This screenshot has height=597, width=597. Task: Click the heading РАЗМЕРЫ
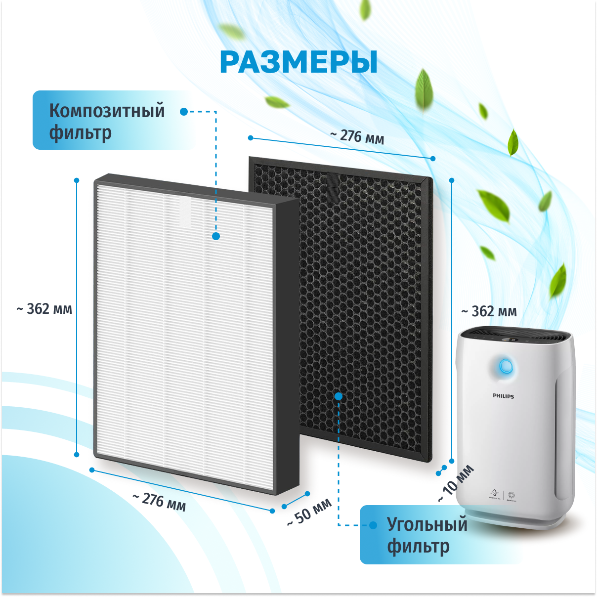pos(298,62)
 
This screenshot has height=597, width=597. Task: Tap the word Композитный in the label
pos(107,111)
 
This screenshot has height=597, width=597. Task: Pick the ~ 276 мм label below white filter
pos(159,502)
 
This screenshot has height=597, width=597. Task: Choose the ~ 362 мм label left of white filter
pos(44,309)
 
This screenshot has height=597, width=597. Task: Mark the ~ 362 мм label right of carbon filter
pos(489,312)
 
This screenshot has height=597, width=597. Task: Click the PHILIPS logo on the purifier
pos(503,396)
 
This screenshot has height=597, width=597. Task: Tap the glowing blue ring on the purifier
pos(506,366)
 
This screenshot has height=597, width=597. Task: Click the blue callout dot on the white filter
pos(216,236)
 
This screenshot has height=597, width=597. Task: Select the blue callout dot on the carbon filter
pos(339,396)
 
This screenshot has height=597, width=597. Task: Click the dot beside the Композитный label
pos(184,112)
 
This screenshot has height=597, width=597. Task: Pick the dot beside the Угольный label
pos(374,525)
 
